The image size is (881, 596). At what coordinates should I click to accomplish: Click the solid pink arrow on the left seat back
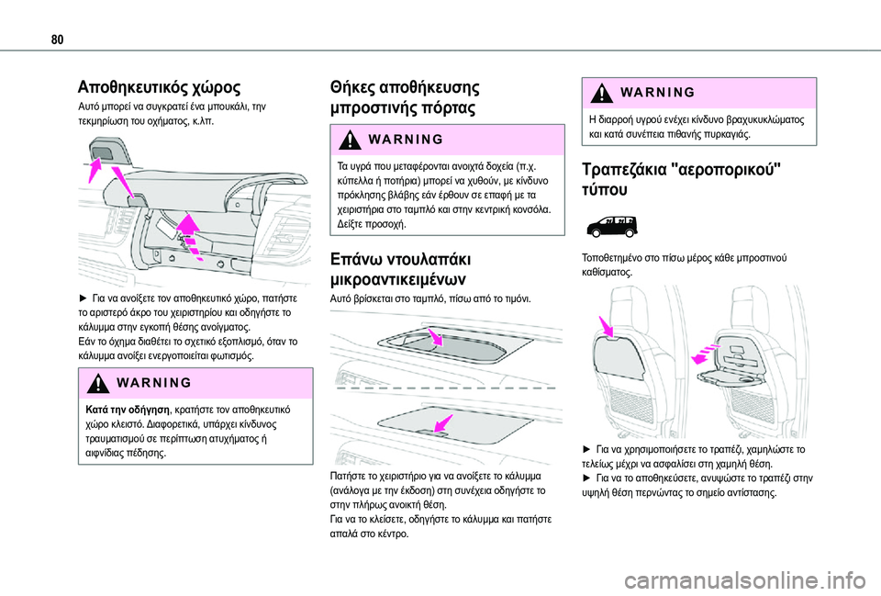pos(607,328)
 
